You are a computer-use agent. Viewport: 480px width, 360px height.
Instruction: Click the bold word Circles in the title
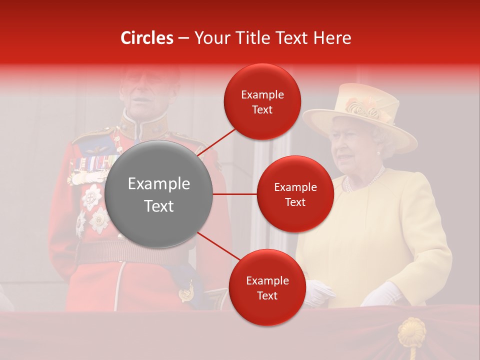(x=146, y=38)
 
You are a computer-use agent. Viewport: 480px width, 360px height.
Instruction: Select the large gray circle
(x=159, y=194)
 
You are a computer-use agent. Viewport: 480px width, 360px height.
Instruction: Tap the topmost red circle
(x=262, y=102)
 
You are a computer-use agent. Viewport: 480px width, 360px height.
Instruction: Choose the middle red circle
(x=295, y=194)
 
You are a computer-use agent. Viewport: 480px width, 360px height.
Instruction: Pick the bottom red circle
(x=267, y=288)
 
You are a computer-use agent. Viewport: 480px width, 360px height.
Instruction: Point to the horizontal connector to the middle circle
(x=235, y=194)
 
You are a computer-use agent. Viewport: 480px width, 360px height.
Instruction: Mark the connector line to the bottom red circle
(x=218, y=246)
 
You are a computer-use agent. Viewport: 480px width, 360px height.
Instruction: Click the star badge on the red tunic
(x=92, y=196)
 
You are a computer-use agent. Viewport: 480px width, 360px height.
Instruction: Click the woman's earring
(x=378, y=152)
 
